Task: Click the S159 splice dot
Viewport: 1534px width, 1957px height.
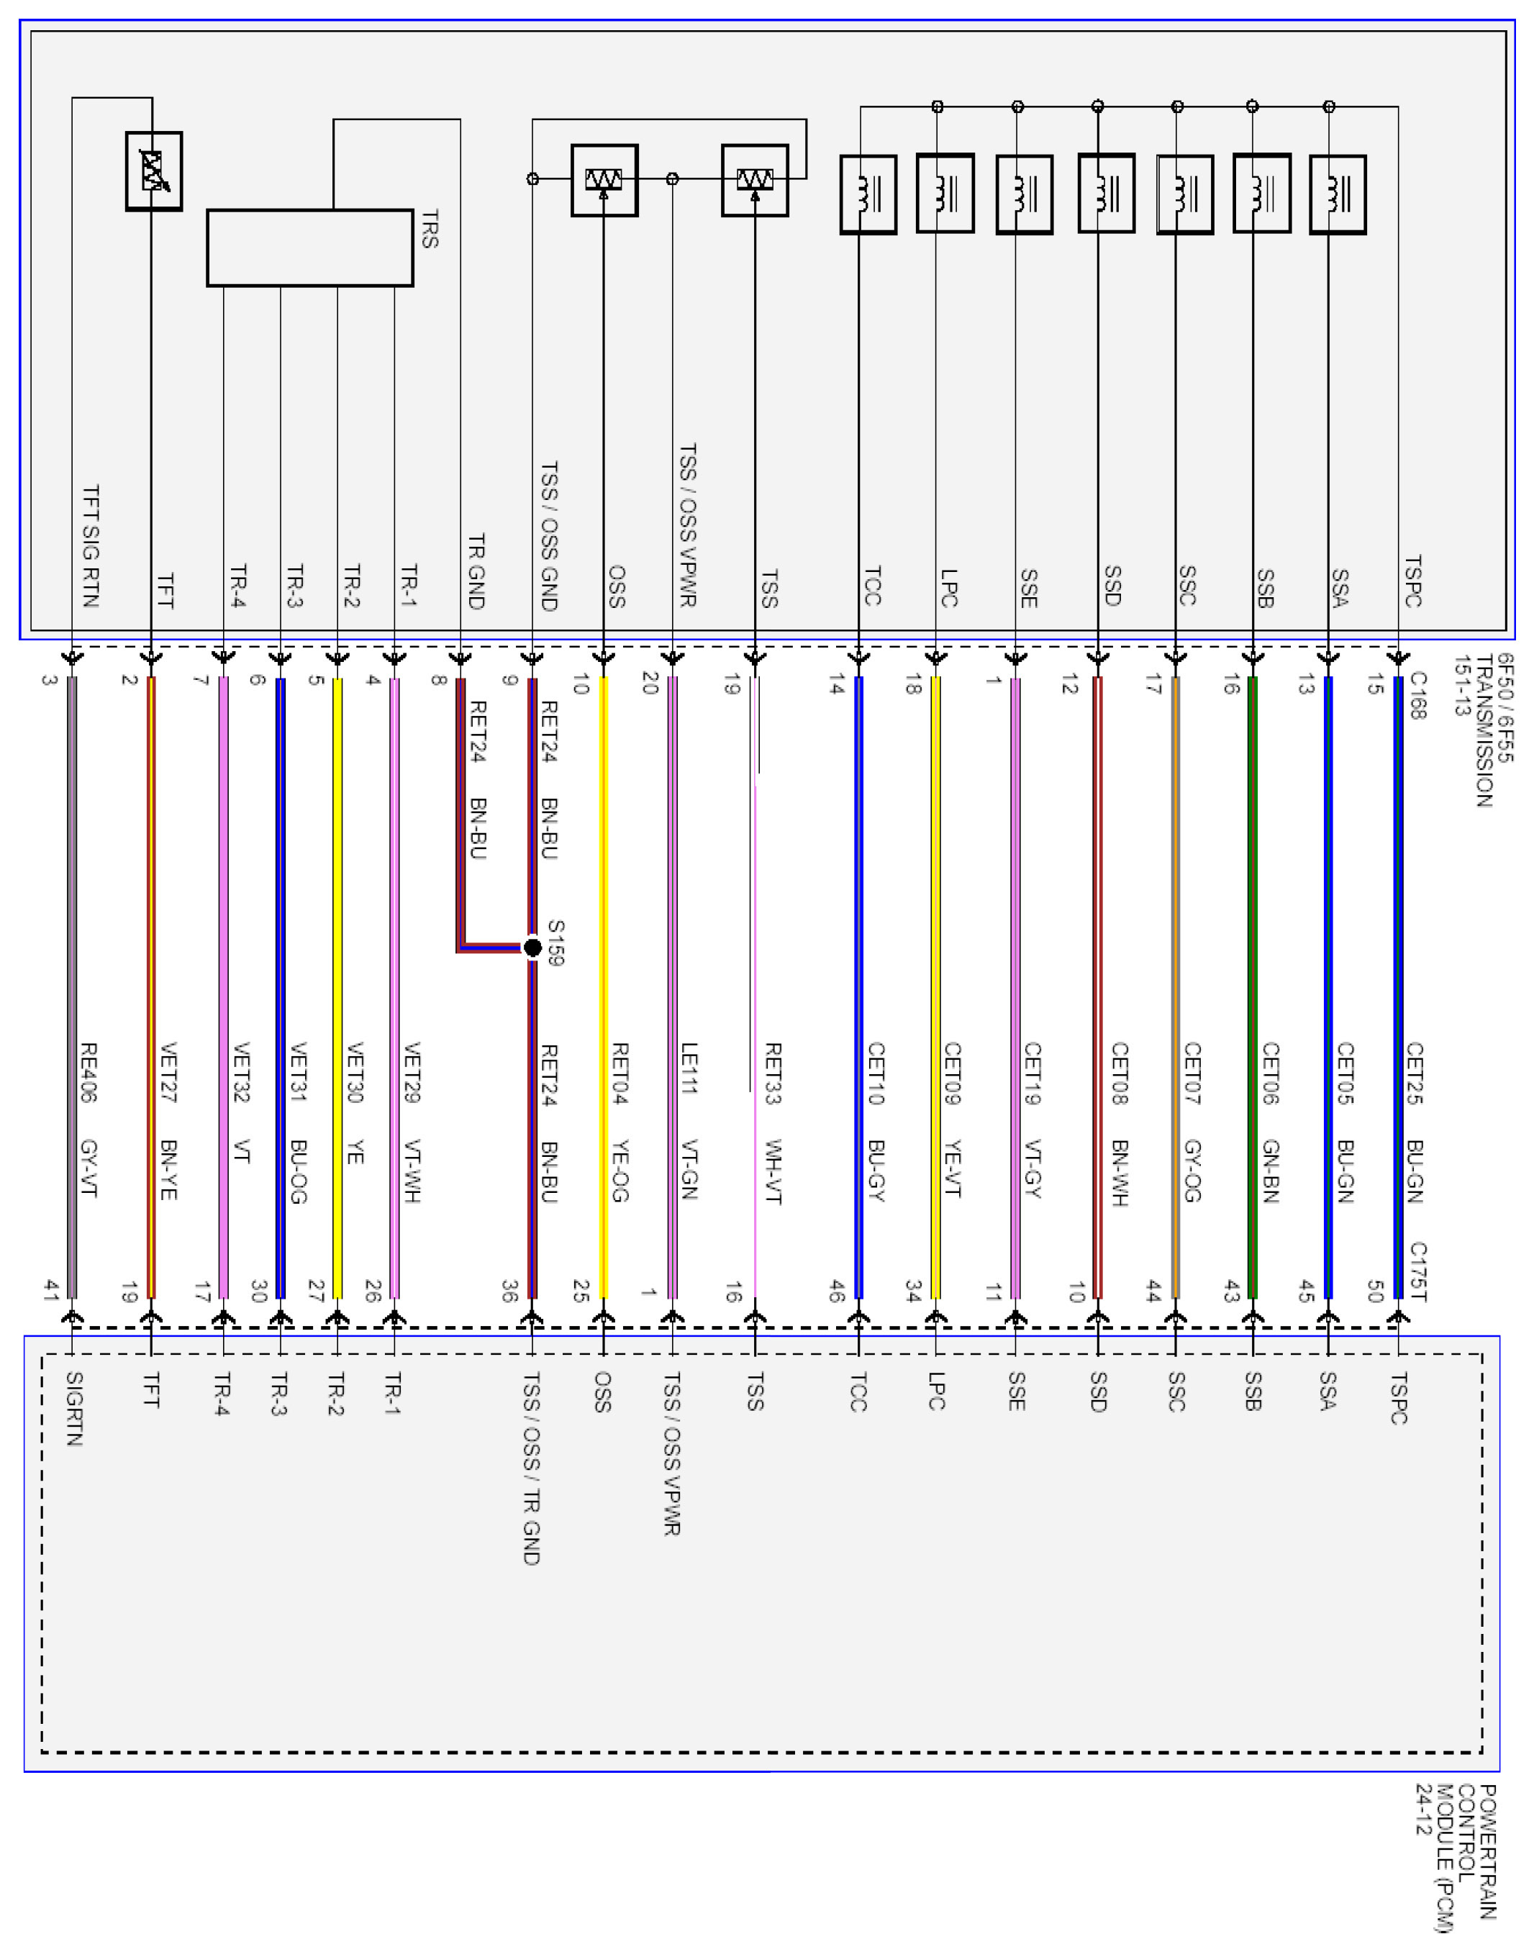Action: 532,947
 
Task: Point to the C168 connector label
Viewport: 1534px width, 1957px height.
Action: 1418,696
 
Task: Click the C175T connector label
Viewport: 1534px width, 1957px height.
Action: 1418,1271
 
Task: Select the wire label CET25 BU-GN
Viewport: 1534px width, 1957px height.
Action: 1415,1122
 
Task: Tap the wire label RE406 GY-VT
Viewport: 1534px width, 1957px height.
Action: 89,1120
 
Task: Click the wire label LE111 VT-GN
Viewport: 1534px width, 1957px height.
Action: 689,1121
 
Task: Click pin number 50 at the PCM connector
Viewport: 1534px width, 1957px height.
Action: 1374,1291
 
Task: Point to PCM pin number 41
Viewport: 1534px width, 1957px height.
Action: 50,1291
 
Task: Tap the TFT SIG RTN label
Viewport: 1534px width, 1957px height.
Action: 91,546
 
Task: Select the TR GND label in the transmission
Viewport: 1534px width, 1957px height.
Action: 477,572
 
